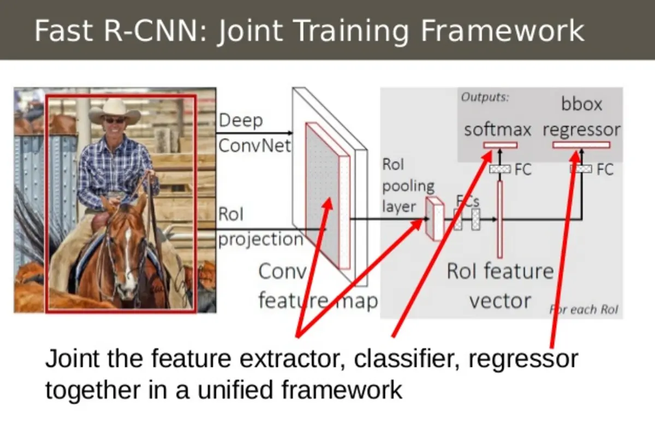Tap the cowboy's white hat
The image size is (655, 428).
pos(115,110)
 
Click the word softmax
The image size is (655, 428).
pos(497,130)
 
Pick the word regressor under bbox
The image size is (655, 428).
pos(581,130)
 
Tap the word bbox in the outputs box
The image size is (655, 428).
pos(582,104)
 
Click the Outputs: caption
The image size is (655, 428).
pos(485,97)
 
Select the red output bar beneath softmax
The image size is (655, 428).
pos(500,145)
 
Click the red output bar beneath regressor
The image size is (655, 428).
pos(581,145)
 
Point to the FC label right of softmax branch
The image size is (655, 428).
pos(522,169)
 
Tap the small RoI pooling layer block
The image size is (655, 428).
pos(434,219)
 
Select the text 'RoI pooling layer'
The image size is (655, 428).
pos(408,186)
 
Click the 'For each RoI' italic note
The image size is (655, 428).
pos(583,310)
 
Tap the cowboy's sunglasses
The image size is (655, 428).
pos(114,120)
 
